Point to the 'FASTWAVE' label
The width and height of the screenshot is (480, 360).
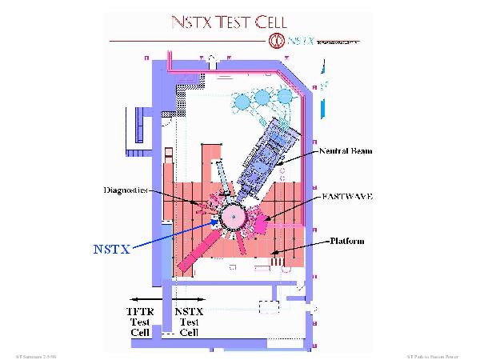[346, 194]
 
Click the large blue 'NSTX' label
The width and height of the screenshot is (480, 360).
[110, 248]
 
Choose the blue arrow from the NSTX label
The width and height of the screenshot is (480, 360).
[177, 232]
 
